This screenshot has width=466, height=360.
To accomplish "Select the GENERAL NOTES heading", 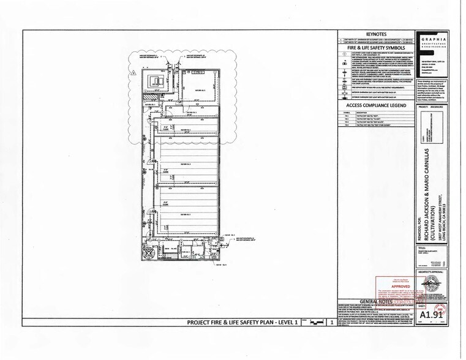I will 377,302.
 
